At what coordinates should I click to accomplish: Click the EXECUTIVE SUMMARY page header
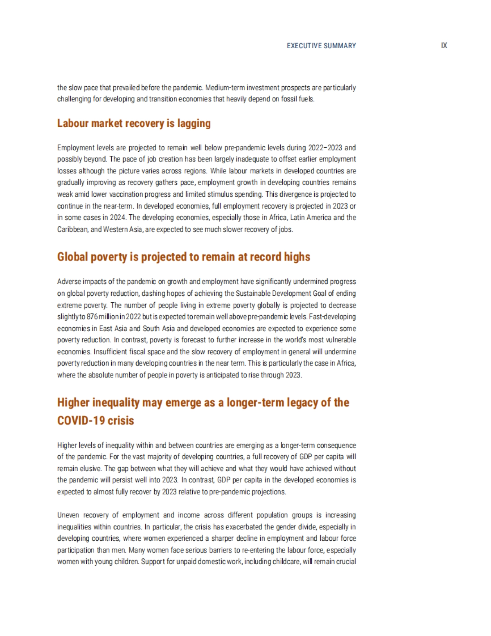(x=321, y=46)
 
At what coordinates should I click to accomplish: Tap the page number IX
(x=444, y=45)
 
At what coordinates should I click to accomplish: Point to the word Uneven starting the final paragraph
(x=68, y=515)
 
